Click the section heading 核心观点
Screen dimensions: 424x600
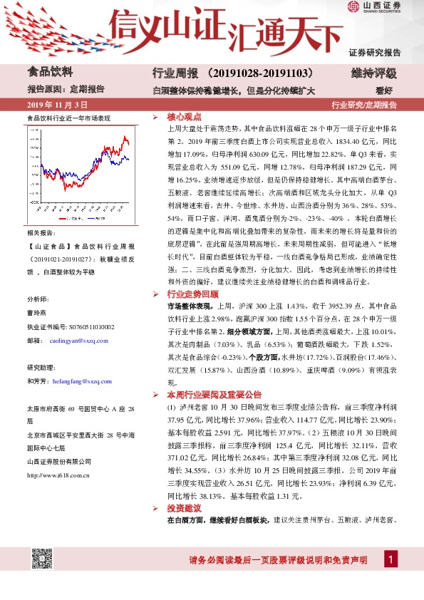tap(184, 116)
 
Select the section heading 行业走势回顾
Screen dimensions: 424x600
tap(192, 294)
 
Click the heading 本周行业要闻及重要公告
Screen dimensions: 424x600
tap(214, 393)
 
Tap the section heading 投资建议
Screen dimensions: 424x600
tap(184, 509)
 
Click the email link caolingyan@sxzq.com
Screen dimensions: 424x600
tap(78, 341)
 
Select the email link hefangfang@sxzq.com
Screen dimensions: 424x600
tap(81, 381)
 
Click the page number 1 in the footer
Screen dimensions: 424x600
tap(389, 560)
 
